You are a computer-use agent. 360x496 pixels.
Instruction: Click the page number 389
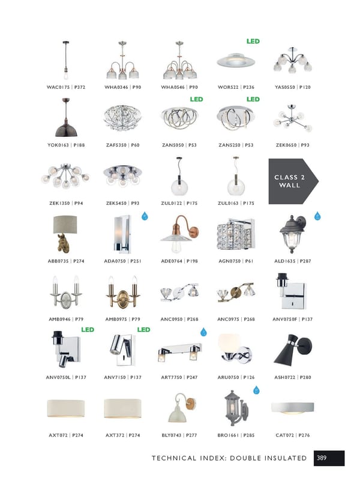(x=322, y=458)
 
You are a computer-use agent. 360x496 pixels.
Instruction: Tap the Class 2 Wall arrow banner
(x=293, y=181)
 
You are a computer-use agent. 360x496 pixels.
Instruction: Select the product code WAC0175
(x=58, y=87)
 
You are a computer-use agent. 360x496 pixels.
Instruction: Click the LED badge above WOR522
(x=253, y=41)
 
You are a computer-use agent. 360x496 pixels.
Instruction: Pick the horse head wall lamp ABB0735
(x=65, y=234)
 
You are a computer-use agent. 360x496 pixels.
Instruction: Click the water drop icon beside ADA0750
(x=145, y=216)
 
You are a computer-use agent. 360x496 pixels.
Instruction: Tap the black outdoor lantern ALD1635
(x=292, y=234)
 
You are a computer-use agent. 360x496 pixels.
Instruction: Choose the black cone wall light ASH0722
(x=292, y=349)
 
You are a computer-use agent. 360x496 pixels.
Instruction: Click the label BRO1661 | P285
(x=236, y=435)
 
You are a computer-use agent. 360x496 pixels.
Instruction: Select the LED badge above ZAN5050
(x=196, y=99)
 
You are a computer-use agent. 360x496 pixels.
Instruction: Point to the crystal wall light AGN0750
(x=236, y=234)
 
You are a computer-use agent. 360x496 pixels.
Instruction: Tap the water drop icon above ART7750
(x=203, y=332)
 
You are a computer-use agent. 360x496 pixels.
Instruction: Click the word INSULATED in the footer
(x=286, y=458)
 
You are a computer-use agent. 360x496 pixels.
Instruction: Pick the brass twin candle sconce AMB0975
(x=122, y=291)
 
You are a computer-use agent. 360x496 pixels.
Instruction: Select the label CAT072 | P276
(x=292, y=435)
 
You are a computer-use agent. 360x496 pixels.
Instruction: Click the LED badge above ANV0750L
(x=88, y=330)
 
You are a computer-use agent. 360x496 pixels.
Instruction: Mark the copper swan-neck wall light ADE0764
(x=179, y=234)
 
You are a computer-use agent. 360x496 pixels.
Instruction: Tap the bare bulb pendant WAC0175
(x=66, y=60)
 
